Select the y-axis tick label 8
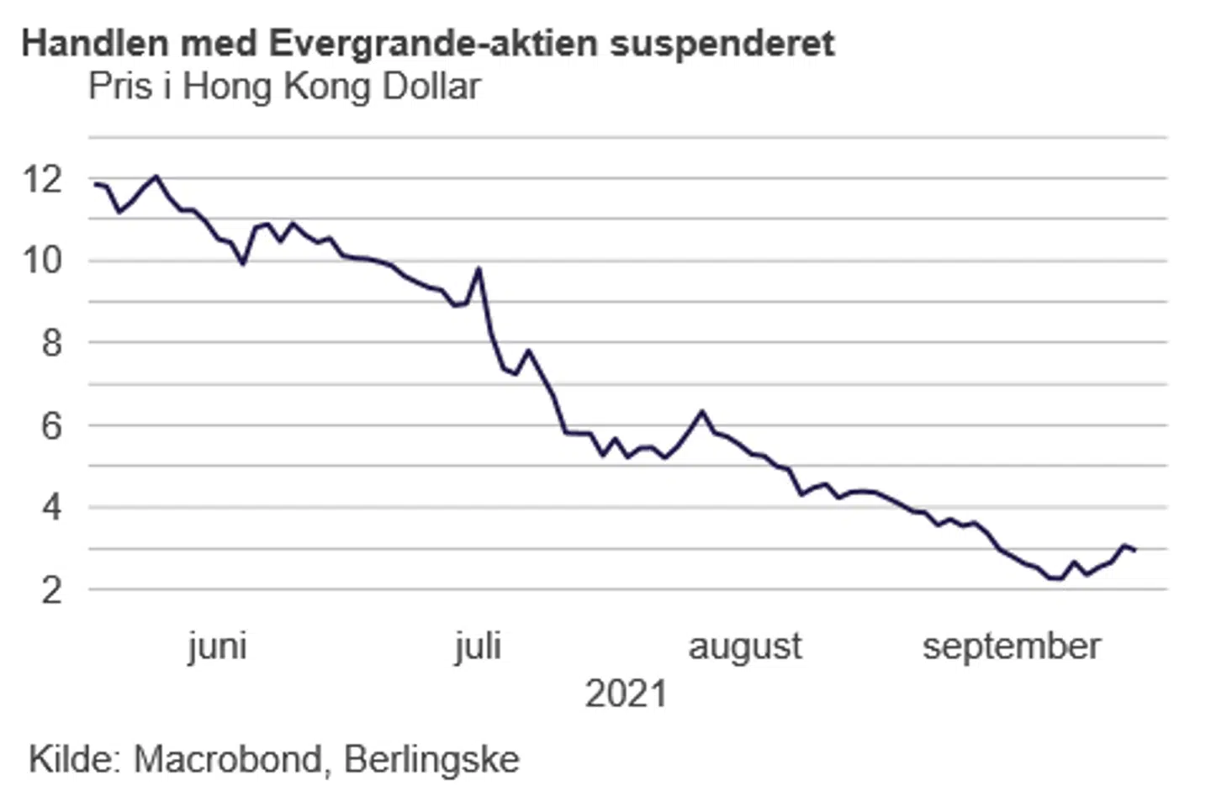tap(51, 343)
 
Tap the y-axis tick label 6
tap(51, 425)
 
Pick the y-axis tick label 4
tap(51, 508)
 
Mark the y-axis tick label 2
tap(51, 590)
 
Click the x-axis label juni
tap(217, 646)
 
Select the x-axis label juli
tap(478, 646)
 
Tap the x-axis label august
tap(745, 646)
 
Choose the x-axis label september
tap(1012, 646)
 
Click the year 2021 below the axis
tap(626, 694)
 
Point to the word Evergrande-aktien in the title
tap(436, 44)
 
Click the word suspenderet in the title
tap(722, 44)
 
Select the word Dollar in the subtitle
tap(431, 87)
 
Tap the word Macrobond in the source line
tap(227, 759)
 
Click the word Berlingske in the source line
tap(431, 759)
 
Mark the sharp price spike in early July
tap(479, 269)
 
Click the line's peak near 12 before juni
tap(156, 177)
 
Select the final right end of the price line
tap(1135, 550)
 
